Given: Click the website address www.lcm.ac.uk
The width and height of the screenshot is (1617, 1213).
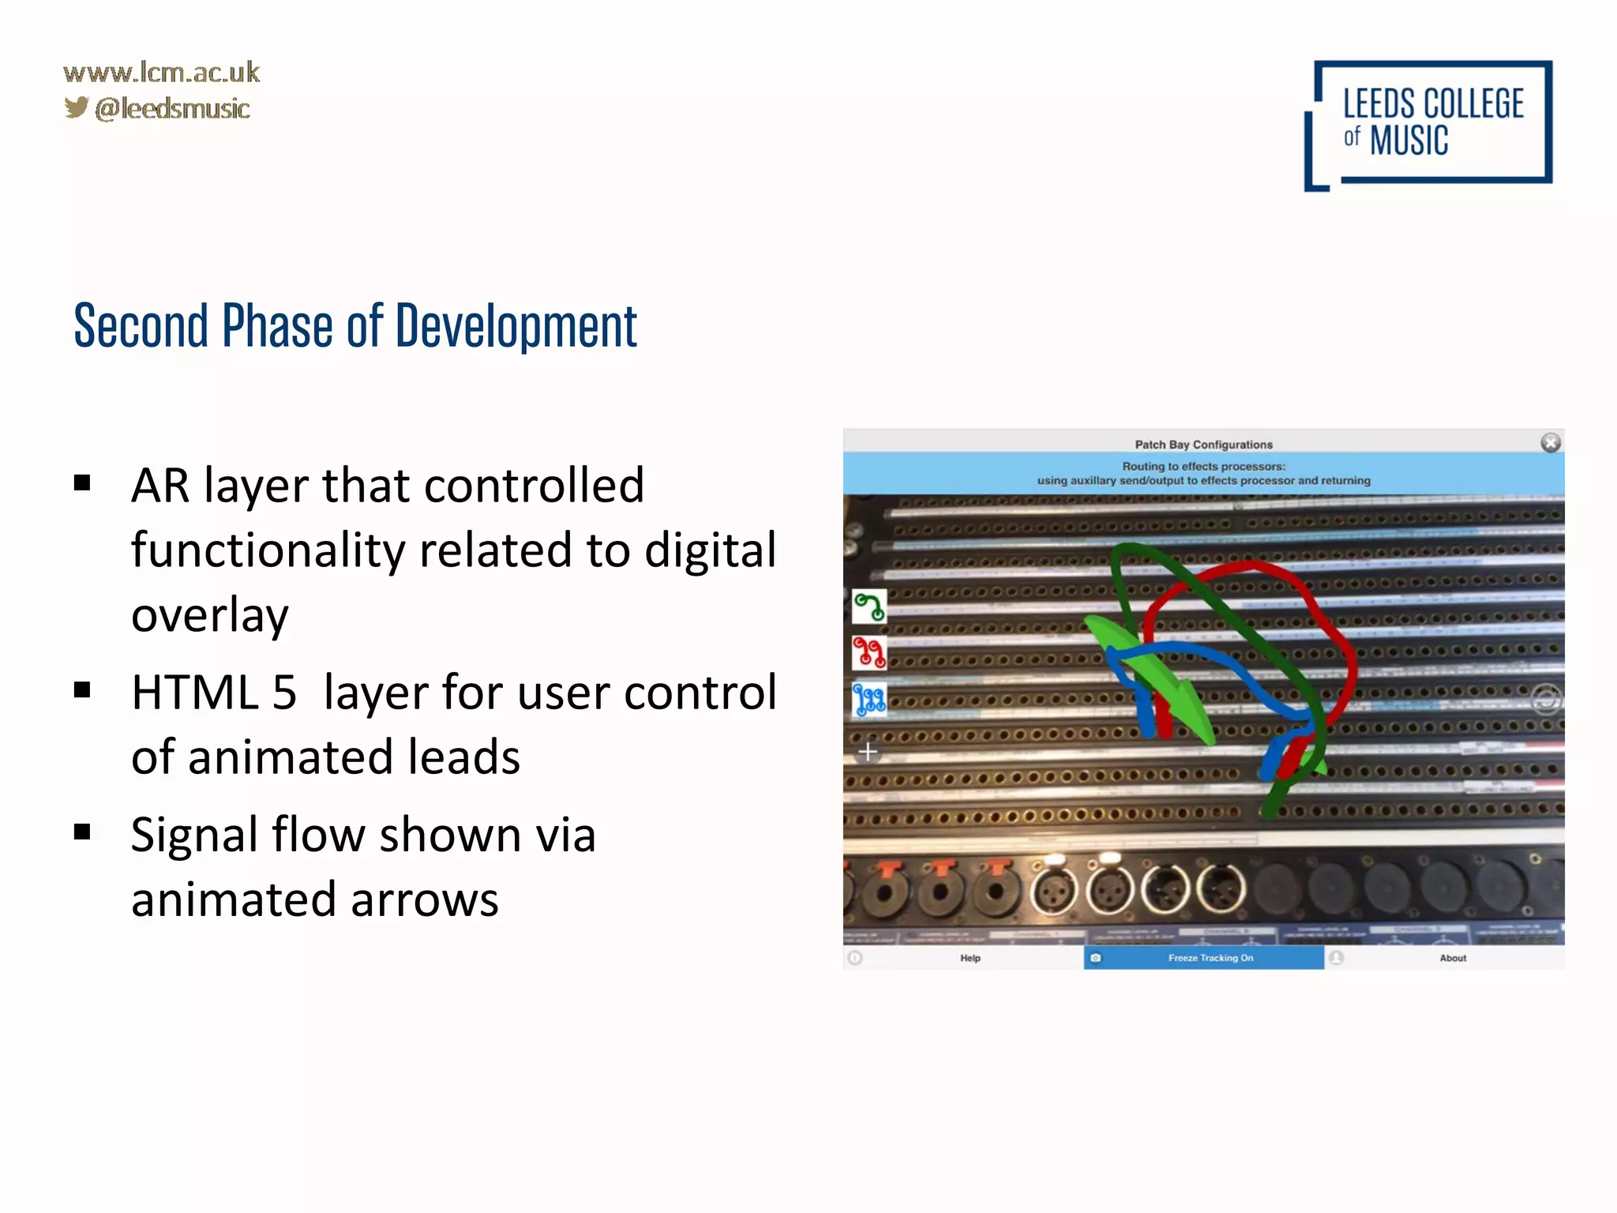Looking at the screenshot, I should (161, 73).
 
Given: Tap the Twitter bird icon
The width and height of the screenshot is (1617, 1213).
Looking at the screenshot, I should (77, 107).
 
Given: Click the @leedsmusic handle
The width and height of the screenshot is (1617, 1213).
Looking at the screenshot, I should (172, 109).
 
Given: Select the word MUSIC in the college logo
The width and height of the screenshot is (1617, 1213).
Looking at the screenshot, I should (1409, 141).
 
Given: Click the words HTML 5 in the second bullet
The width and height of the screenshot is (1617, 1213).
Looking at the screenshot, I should (214, 693).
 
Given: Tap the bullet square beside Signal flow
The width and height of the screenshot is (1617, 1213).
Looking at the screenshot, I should (82, 832).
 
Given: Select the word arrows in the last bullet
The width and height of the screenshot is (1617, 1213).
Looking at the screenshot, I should (424, 899).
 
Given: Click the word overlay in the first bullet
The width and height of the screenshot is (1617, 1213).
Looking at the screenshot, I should (210, 615).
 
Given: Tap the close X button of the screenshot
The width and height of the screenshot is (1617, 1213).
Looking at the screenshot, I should (1550, 443).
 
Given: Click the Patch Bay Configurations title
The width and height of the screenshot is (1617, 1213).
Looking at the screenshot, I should (1203, 445).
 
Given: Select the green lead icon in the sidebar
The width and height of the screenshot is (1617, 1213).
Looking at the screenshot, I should (869, 606).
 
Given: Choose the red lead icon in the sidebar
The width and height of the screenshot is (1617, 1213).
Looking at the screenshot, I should (869, 652).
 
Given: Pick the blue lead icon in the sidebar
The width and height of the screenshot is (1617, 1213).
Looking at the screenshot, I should (869, 700).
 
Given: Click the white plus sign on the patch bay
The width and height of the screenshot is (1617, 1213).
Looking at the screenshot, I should (868, 751).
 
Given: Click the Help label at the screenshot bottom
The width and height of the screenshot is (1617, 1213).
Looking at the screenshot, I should (970, 958).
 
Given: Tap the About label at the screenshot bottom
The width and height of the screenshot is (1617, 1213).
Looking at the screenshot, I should (1452, 958).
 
